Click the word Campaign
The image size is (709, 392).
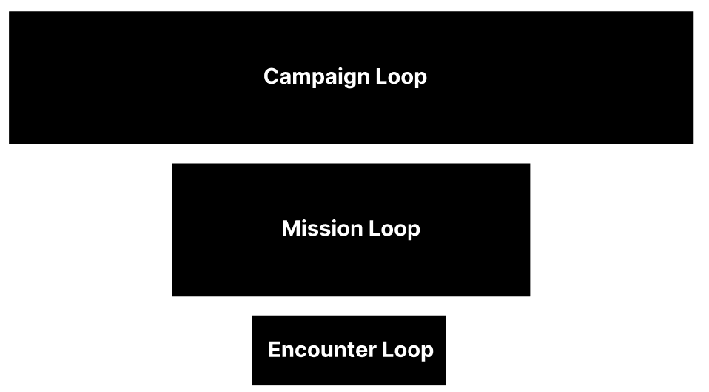[x=316, y=77]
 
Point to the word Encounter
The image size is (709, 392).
[x=323, y=350]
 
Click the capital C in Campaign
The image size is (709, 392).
[x=272, y=76]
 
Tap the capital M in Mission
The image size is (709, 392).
[x=291, y=228]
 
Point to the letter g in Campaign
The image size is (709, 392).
[x=348, y=79]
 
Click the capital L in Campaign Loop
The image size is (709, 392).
[x=381, y=76]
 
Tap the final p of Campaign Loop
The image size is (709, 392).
[x=420, y=79]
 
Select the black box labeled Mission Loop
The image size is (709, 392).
[x=351, y=267]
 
